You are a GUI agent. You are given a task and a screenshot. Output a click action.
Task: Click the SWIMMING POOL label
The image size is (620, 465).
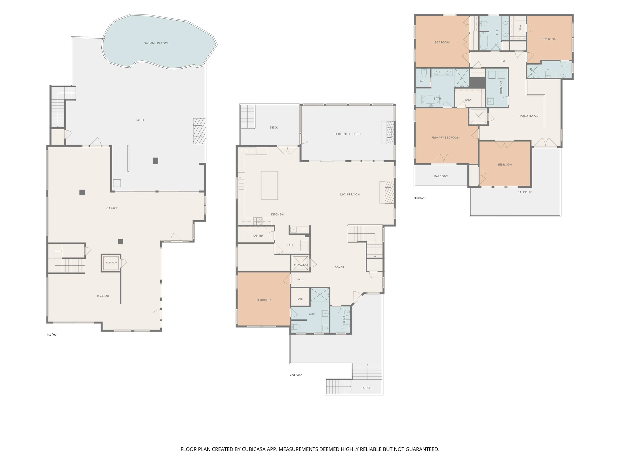(157, 43)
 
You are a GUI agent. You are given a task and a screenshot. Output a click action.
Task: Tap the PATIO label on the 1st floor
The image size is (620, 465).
(139, 120)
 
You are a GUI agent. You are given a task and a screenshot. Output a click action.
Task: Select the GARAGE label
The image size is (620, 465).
(112, 208)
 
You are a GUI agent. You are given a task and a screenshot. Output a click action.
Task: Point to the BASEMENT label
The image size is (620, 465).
(103, 296)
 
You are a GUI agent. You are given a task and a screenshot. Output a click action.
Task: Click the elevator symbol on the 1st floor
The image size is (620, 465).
(111, 263)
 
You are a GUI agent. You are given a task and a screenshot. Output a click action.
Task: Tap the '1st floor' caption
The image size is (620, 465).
(52, 334)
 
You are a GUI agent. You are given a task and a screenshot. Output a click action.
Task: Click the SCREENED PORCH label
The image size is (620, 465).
(347, 134)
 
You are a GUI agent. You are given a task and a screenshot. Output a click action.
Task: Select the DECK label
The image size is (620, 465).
(274, 128)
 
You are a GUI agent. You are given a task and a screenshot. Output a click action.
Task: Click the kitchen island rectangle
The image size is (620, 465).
(269, 185)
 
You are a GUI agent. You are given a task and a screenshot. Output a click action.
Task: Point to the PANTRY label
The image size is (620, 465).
(258, 236)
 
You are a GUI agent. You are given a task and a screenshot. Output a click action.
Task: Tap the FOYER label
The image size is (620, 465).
(339, 267)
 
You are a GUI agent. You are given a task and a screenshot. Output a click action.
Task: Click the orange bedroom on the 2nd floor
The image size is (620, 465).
(264, 299)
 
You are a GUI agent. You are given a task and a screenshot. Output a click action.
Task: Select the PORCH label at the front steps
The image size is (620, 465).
(366, 388)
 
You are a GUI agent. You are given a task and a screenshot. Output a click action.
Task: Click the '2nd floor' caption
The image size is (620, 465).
(296, 375)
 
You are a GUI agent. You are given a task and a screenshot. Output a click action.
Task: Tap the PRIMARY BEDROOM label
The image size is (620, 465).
(445, 138)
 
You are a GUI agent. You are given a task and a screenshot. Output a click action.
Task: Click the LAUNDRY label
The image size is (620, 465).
(501, 88)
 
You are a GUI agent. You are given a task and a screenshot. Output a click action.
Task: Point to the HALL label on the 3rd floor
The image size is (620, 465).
(504, 61)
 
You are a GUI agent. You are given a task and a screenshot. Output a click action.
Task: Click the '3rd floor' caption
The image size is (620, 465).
(420, 198)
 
